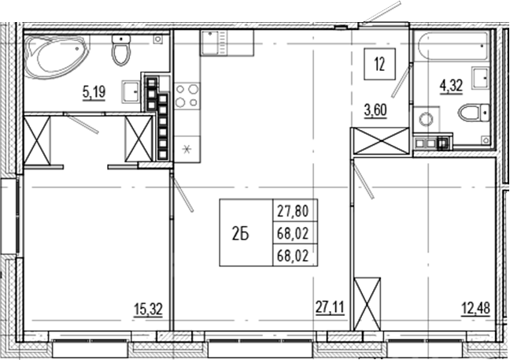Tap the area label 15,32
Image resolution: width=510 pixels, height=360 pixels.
[x=149, y=310]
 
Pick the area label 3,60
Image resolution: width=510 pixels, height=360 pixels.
[x=375, y=110]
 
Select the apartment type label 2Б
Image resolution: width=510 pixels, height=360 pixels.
[x=241, y=232]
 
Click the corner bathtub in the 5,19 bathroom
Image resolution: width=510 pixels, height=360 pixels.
[x=55, y=55]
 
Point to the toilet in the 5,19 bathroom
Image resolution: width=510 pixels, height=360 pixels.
[x=121, y=50]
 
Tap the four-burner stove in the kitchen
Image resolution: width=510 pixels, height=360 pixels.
[x=187, y=95]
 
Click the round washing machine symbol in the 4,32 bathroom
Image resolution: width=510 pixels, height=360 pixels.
[x=426, y=121]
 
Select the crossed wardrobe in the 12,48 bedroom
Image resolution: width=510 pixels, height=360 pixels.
[x=367, y=303]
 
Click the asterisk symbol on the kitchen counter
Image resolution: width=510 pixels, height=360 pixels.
[x=187, y=148]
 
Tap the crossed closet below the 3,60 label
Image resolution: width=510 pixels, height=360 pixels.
[x=380, y=141]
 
